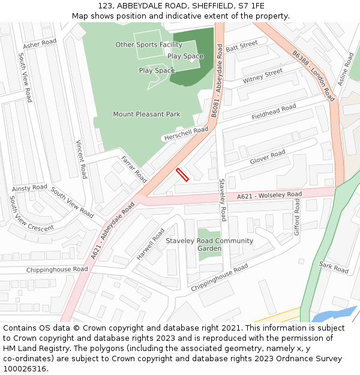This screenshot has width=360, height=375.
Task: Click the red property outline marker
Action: pos(182,175)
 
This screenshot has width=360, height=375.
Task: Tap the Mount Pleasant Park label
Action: pos(146,114)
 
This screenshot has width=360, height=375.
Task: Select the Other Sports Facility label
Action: pos(149,44)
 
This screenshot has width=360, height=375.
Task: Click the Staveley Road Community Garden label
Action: pos(209,245)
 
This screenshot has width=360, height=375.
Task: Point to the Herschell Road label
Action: pos(185,134)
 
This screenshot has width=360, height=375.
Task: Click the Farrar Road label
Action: pos(134,169)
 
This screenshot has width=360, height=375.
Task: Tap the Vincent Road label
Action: pos(81,159)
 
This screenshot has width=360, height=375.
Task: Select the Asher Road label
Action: pos(40,44)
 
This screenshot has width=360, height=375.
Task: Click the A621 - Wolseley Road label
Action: pos(269,195)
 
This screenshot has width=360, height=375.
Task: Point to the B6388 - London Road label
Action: pos(313,75)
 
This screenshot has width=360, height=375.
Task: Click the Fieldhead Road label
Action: pos(274,112)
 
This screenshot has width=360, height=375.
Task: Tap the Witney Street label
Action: pos(262,76)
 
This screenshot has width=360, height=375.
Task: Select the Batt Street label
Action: pos(241,46)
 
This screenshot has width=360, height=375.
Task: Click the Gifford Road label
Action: pos(296,218)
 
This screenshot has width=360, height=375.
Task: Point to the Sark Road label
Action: pos(334,267)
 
